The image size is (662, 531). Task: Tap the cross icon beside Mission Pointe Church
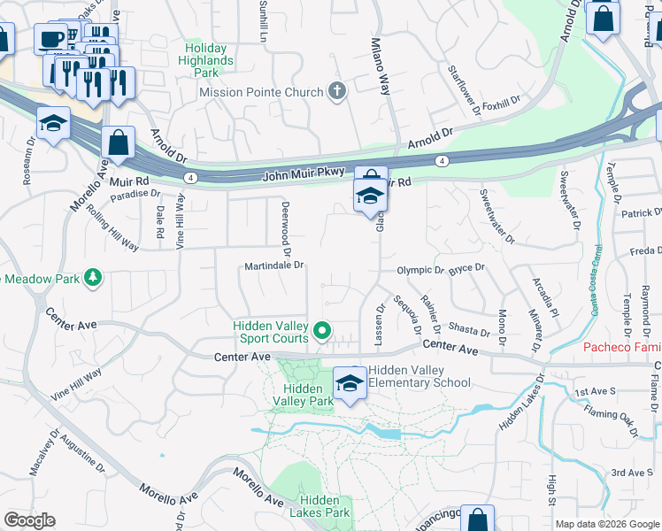tap(336, 90)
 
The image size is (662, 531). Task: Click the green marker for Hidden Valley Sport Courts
tap(323, 332)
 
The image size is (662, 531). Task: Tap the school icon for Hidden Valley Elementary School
tap(350, 384)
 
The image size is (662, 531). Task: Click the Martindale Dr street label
tap(274, 265)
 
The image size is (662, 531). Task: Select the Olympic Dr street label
tap(420, 270)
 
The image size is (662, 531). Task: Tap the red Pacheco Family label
tap(622, 347)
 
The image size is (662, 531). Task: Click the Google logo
tap(29, 520)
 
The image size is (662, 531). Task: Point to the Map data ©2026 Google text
tap(607, 524)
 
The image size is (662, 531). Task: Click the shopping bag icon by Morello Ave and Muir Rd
tap(118, 142)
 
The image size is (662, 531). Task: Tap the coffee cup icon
tap(50, 38)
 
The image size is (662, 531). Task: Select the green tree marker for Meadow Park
tap(93, 279)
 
